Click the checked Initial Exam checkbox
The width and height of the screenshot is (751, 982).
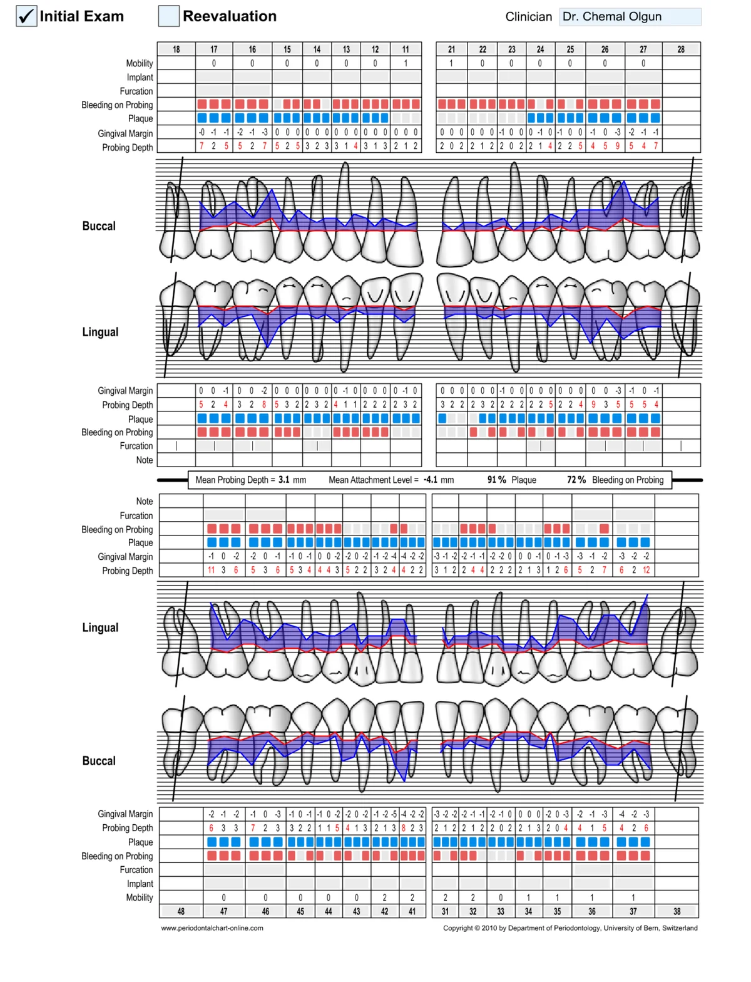(x=26, y=16)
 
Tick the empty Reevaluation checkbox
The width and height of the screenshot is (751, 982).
(x=169, y=16)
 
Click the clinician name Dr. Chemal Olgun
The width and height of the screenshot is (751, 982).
(x=611, y=16)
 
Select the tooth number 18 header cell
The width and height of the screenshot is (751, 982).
(x=176, y=49)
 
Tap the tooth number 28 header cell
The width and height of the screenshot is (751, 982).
(x=681, y=49)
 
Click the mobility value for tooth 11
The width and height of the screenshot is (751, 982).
(x=406, y=63)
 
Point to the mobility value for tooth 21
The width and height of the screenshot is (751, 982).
(x=451, y=63)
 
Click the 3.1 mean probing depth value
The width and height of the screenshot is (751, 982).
(x=284, y=480)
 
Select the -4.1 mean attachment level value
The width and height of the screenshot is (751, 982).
(x=431, y=480)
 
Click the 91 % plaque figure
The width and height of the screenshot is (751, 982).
(x=497, y=480)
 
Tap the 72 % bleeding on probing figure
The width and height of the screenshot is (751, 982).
(x=576, y=480)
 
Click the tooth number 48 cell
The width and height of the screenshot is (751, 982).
(x=181, y=911)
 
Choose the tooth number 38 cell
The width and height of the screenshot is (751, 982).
(x=677, y=911)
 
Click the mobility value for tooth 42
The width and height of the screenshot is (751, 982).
(x=384, y=897)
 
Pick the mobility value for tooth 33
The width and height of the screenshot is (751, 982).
(x=501, y=897)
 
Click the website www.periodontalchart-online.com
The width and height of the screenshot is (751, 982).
(x=212, y=928)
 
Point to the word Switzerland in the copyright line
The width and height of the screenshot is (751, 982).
(x=680, y=928)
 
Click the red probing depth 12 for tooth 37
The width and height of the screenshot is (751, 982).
(x=646, y=570)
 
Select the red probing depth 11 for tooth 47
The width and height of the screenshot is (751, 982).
(x=211, y=570)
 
